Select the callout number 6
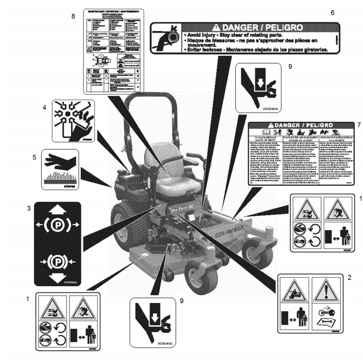pyautogui.click(x=332, y=12)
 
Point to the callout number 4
pyautogui.click(x=45, y=107)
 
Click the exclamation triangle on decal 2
pyautogui.click(x=325, y=292)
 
